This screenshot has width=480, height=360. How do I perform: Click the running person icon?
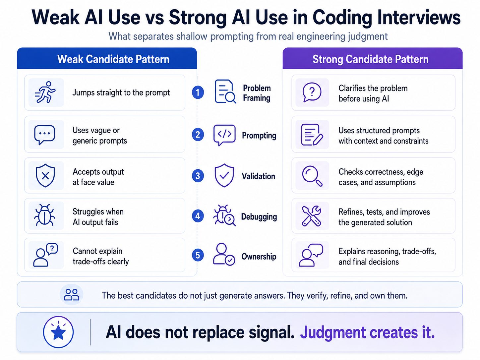click(45, 92)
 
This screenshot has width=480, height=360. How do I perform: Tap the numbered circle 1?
click(198, 92)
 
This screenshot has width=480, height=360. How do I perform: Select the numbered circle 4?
click(198, 216)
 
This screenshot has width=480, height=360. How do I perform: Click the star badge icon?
click(58, 332)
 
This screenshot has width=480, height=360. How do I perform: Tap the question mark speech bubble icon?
click(312, 92)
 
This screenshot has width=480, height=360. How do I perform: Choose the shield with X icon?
click(45, 175)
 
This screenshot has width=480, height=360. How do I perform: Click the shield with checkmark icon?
click(224, 175)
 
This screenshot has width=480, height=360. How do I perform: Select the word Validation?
click(258, 176)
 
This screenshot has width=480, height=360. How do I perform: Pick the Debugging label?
click(259, 216)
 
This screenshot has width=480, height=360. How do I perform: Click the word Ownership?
click(259, 256)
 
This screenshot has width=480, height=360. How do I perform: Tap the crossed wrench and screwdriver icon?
click(311, 216)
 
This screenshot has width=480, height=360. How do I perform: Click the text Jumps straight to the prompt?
click(121, 92)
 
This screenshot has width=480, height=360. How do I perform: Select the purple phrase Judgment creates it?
click(367, 332)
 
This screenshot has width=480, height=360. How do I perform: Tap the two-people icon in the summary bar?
click(71, 294)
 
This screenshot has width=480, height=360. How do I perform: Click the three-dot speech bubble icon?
click(44, 135)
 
